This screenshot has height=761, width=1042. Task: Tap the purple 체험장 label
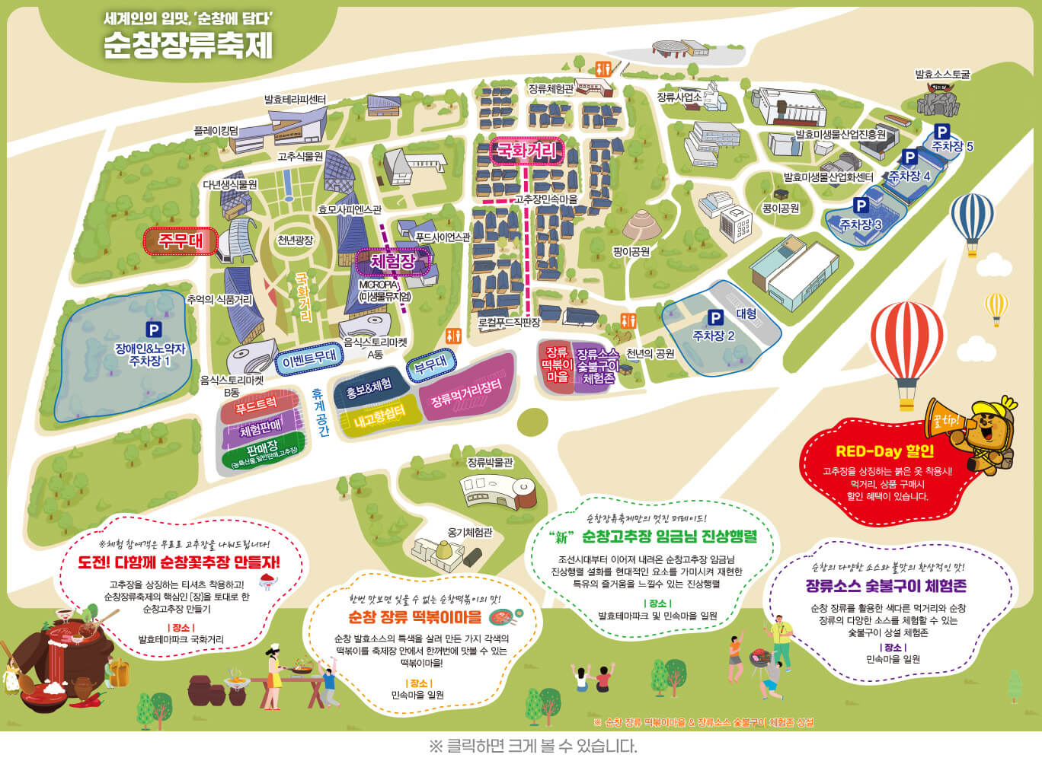393,262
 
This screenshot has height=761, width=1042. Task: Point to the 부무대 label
430,364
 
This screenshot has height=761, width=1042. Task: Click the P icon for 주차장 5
941,132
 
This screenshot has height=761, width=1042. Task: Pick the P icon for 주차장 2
714,317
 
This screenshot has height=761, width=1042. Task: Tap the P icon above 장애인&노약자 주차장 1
154,330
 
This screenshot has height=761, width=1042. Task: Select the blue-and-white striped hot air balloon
972,219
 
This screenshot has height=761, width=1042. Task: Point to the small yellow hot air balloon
996,306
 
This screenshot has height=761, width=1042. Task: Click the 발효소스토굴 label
942,75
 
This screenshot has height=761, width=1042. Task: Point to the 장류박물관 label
490,462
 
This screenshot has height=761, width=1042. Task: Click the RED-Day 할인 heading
884,451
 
